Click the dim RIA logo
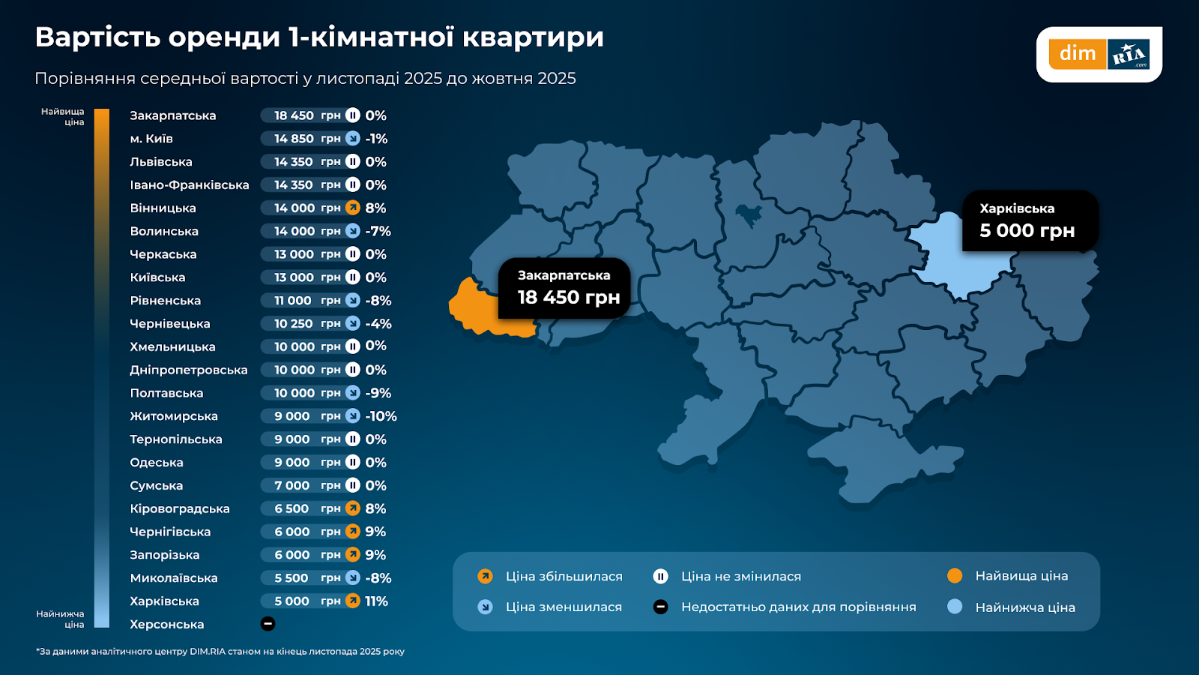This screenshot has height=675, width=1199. click(x=1099, y=54)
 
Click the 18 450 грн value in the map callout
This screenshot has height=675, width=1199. click(x=568, y=298)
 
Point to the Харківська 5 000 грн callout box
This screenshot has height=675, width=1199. click(x=1030, y=220)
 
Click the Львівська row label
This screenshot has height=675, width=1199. click(x=161, y=162)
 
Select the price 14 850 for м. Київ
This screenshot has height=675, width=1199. click(x=294, y=139)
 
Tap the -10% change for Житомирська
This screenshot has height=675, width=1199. click(x=381, y=416)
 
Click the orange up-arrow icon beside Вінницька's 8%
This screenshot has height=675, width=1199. click(x=353, y=208)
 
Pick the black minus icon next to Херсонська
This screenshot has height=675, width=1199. click(x=268, y=624)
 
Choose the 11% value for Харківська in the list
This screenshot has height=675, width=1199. click(x=376, y=601)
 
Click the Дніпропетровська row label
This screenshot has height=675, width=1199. click(x=189, y=370)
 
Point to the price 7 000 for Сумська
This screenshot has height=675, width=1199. click(x=292, y=486)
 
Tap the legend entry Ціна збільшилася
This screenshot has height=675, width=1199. click(x=564, y=577)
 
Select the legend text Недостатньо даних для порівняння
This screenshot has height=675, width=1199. click(x=798, y=607)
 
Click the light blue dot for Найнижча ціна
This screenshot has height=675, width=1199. click(x=954, y=607)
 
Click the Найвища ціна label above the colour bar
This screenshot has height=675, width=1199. click(x=64, y=116)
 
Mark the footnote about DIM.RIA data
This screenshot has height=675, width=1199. click(x=220, y=651)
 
